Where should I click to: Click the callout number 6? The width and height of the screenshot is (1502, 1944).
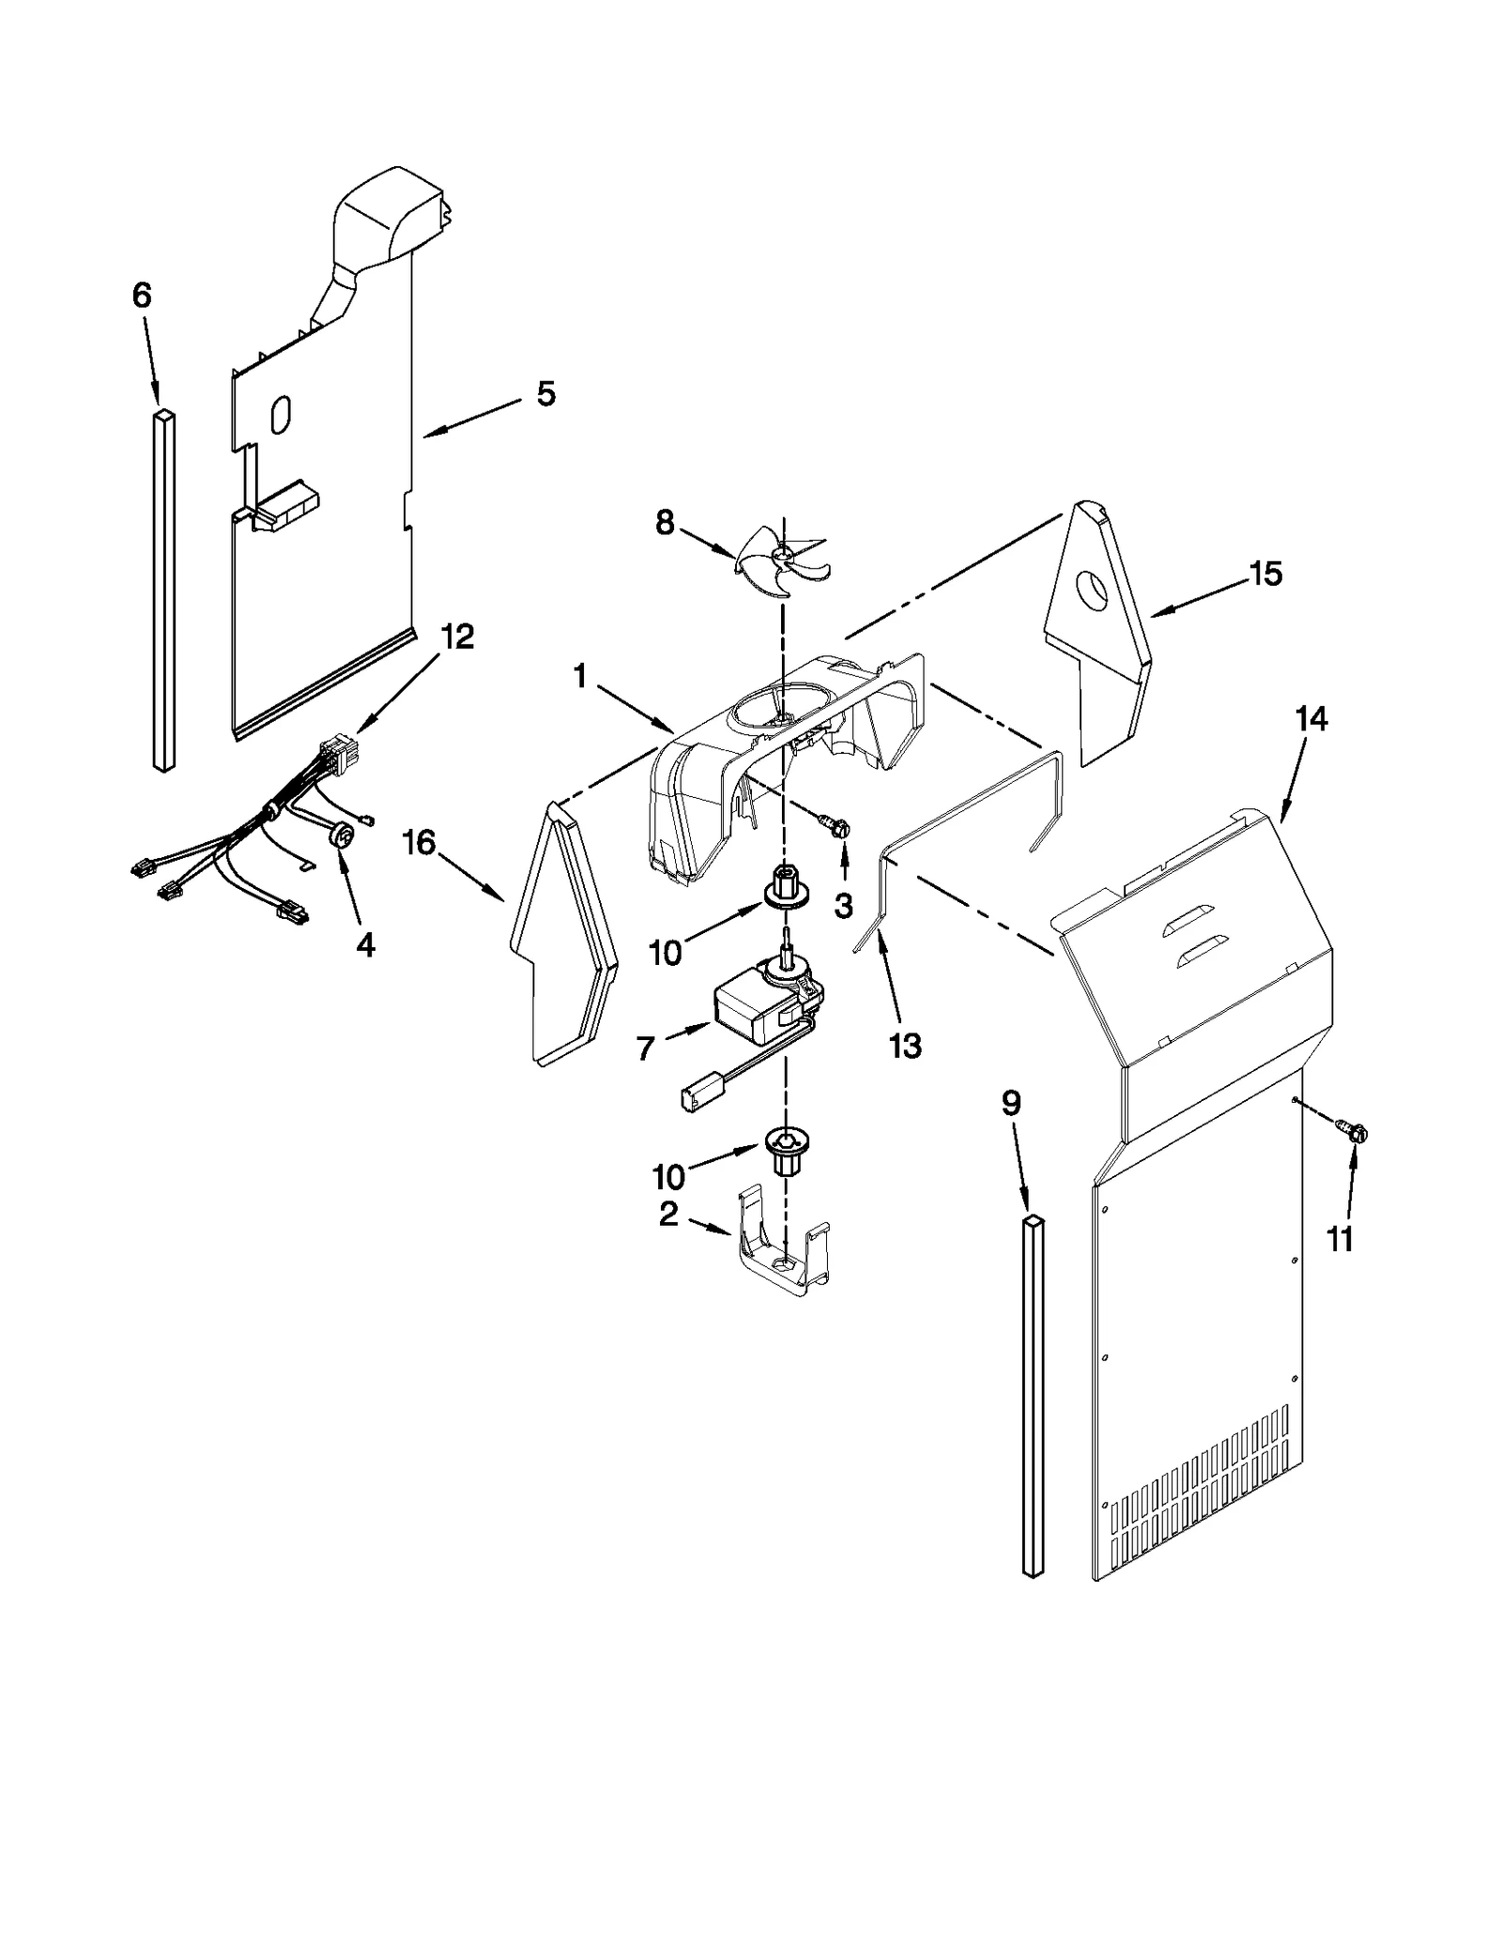coord(142,296)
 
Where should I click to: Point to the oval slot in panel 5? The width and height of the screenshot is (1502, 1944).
coord(280,414)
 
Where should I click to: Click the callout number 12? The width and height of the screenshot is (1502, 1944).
coord(457,636)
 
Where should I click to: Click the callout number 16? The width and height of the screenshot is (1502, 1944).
coord(419,842)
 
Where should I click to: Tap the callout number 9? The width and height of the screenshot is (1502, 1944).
coord(1010,1103)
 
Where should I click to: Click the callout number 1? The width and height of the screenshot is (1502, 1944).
coord(580,676)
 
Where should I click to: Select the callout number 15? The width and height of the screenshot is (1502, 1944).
coord(1265,574)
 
